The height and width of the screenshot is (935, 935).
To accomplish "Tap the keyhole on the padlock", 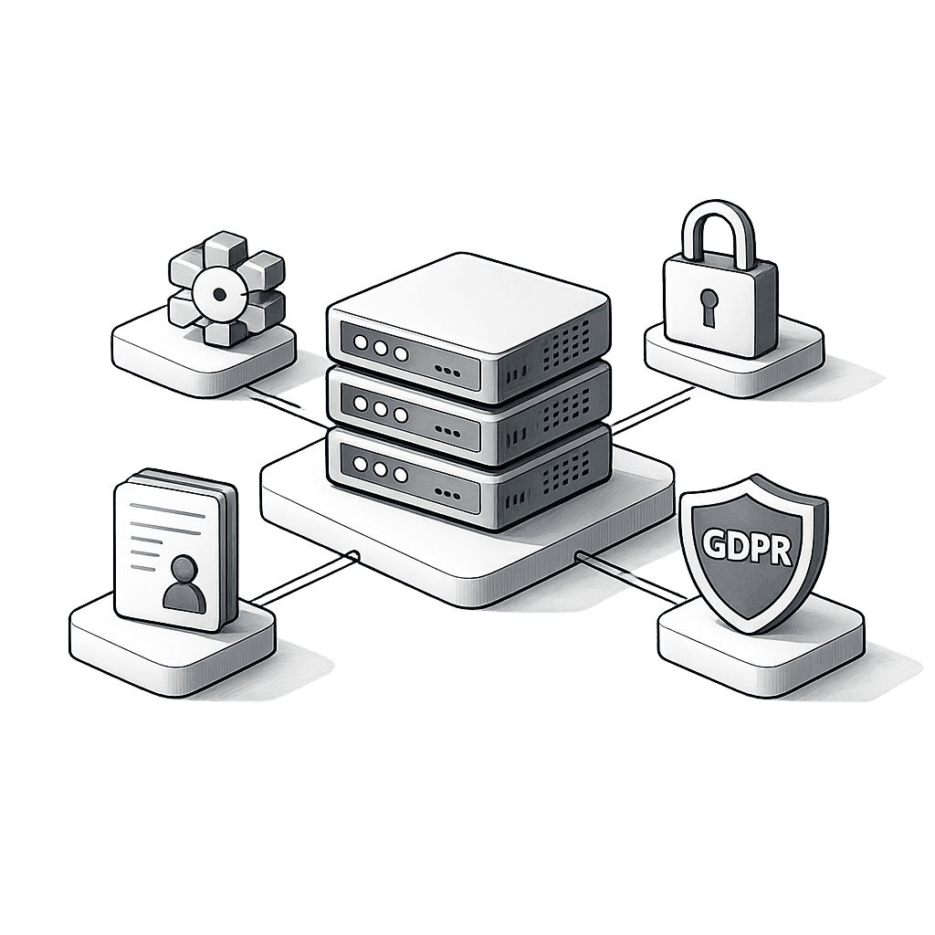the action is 709,307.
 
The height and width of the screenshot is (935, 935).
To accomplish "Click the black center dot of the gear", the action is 219,294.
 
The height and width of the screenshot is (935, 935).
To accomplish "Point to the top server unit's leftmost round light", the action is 361,342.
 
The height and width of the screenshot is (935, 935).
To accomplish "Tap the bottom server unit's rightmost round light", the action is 400,475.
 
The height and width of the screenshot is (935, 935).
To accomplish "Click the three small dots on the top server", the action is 447,371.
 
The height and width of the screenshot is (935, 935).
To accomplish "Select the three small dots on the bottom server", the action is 447,492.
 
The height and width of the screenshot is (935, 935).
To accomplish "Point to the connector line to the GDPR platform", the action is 630,575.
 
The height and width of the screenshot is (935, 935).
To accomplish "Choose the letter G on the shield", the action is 713,543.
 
